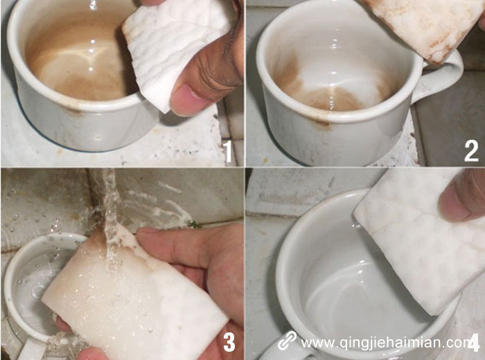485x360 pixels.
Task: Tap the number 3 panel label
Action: coord(229,341)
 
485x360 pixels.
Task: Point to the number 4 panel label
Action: coord(474,342)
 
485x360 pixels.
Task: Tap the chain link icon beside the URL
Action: coord(287,341)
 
